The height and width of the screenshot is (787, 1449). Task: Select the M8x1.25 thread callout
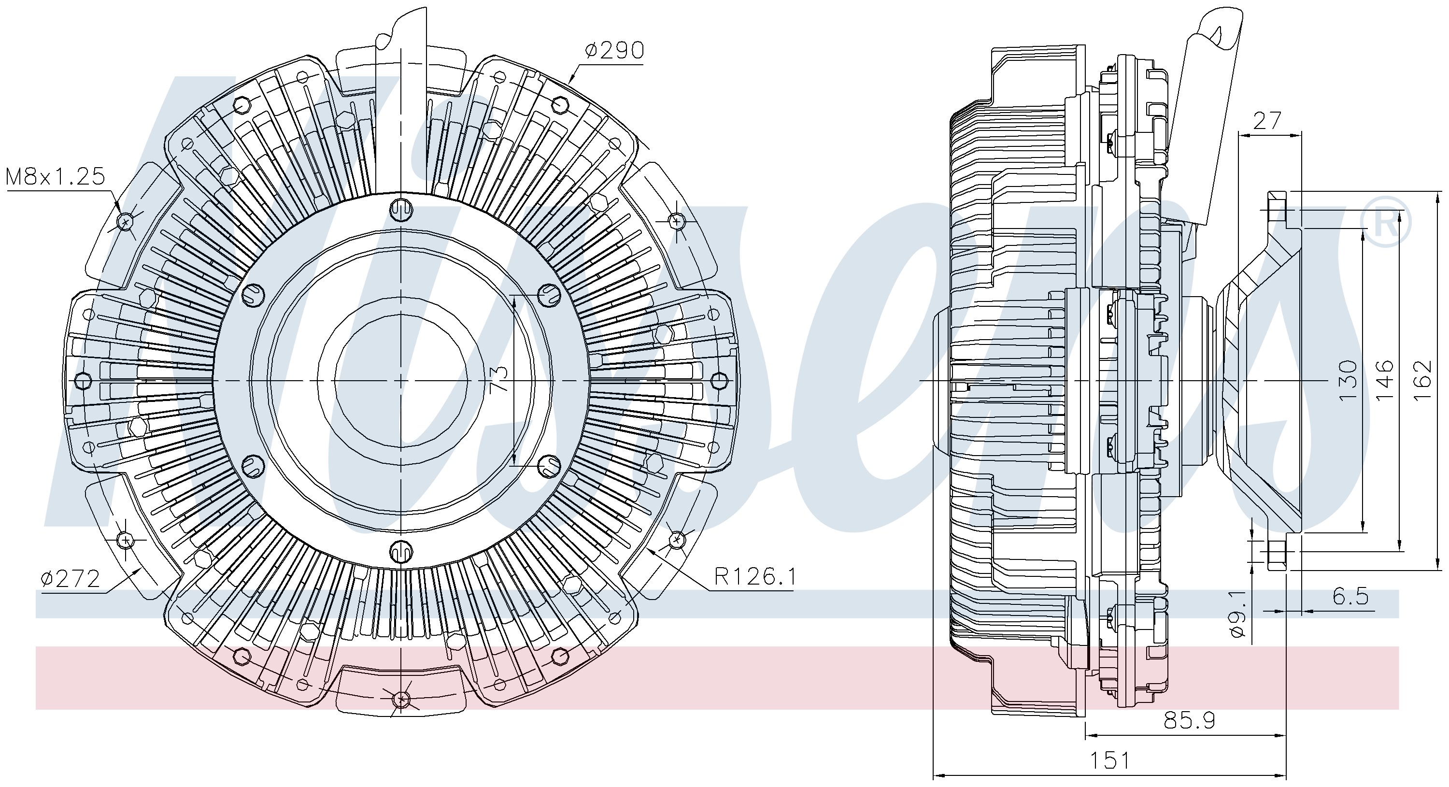(56, 177)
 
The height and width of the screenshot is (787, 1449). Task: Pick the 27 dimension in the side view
(1267, 121)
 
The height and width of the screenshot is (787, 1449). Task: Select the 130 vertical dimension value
(1349, 381)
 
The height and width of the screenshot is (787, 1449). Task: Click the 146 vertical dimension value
(1385, 381)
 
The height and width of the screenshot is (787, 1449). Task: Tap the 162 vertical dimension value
(1421, 381)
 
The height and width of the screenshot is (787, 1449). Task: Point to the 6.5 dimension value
(1350, 596)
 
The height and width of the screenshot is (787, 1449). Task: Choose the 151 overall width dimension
(1110, 760)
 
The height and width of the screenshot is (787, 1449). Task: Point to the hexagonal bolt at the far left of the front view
(83, 381)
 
